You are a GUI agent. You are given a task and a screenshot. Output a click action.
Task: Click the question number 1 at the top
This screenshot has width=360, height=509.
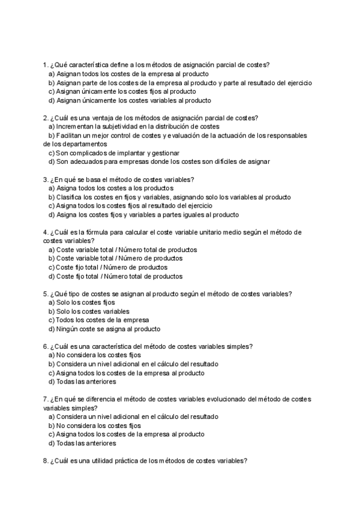(x=45, y=64)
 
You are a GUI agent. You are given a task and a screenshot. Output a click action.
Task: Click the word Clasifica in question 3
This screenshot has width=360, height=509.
(x=70, y=197)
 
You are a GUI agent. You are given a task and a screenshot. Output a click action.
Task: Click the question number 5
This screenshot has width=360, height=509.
(x=45, y=294)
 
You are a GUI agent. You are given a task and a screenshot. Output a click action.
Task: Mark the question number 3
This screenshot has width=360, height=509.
(x=45, y=179)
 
